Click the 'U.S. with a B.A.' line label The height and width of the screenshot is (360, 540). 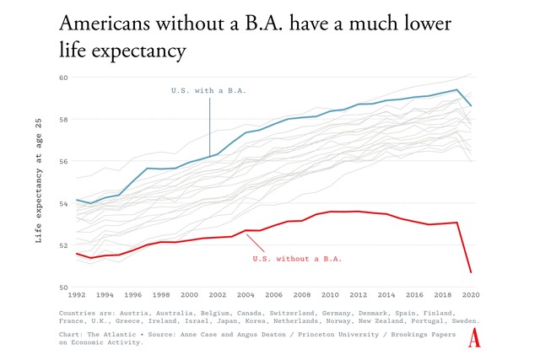209,90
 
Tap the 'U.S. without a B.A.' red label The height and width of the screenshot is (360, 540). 297,258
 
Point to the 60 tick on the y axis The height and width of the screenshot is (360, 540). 62,77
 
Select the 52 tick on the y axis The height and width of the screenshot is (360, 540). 62,245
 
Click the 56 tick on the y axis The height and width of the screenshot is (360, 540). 62,161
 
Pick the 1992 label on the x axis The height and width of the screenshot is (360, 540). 77,296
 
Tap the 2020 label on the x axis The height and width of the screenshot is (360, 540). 471,296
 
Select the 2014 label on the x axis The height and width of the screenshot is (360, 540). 386,296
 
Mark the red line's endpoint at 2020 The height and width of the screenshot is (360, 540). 471,272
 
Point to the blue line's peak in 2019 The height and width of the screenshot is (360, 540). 456,89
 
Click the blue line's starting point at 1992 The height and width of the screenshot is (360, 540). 77,200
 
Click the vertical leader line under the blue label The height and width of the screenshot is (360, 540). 209,126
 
